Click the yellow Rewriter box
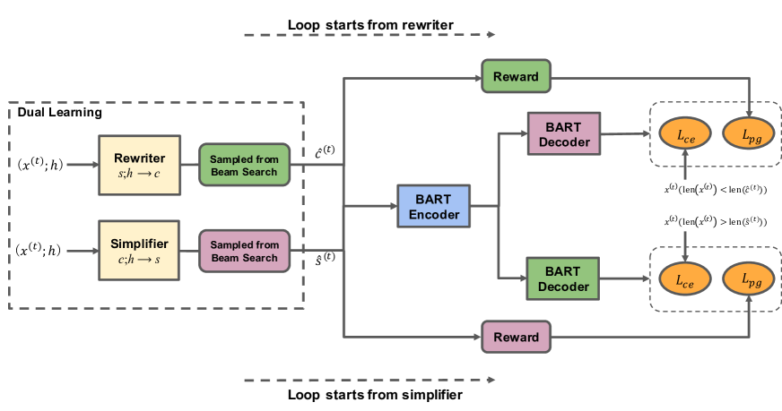click(x=139, y=165)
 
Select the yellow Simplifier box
click(x=139, y=250)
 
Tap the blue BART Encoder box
click(x=434, y=207)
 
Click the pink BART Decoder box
click(x=564, y=134)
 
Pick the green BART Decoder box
click(x=564, y=278)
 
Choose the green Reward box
click(x=516, y=76)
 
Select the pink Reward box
click(x=516, y=337)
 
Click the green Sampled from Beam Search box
click(x=244, y=165)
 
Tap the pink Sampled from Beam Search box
click(x=244, y=252)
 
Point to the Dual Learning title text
click(x=59, y=113)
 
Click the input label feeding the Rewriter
click(x=39, y=165)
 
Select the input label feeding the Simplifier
click(x=39, y=251)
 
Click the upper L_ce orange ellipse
click(x=684, y=134)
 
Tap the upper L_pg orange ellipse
click(x=749, y=134)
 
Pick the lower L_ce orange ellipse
click(x=684, y=279)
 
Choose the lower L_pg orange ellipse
click(x=749, y=279)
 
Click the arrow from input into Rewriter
click(x=81, y=165)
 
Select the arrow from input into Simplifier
click(x=81, y=251)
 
